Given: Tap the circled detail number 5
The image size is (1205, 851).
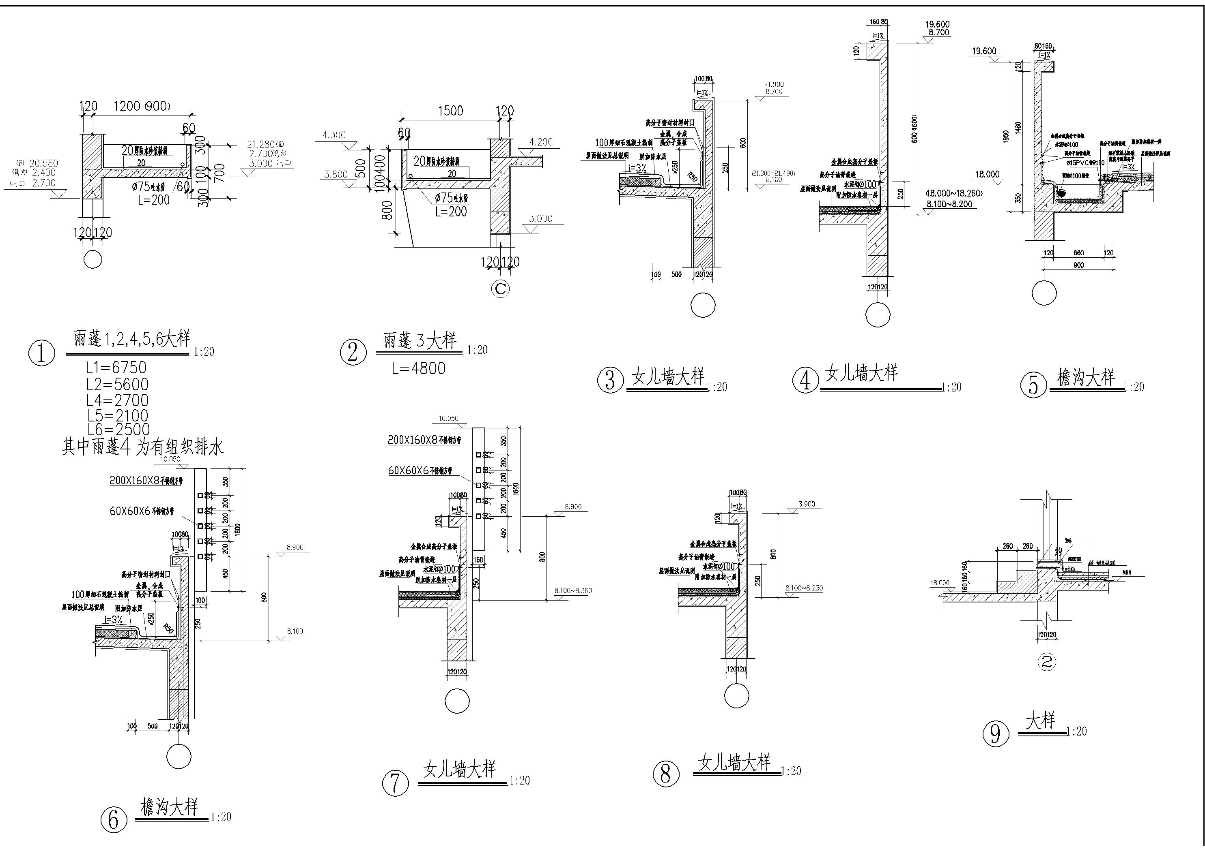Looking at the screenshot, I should (x=1033, y=385).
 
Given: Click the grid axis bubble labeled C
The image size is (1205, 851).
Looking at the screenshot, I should (x=499, y=289).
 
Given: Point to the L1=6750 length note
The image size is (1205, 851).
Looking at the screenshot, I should (x=116, y=368).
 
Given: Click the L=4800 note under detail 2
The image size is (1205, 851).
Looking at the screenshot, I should (x=418, y=368).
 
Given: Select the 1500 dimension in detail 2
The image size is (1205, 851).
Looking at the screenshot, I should (x=450, y=111).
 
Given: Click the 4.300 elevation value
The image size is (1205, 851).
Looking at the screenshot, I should (x=334, y=135).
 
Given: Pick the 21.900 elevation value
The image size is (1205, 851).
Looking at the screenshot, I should (x=774, y=84).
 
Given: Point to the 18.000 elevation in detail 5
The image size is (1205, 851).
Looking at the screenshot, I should (x=987, y=174).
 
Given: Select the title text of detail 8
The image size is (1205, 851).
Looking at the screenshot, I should (x=735, y=762).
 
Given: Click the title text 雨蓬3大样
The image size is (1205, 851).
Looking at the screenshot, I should (x=420, y=341).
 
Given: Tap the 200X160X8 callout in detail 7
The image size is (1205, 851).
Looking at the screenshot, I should (x=424, y=440).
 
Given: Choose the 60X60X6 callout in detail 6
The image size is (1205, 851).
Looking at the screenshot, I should (x=142, y=511).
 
